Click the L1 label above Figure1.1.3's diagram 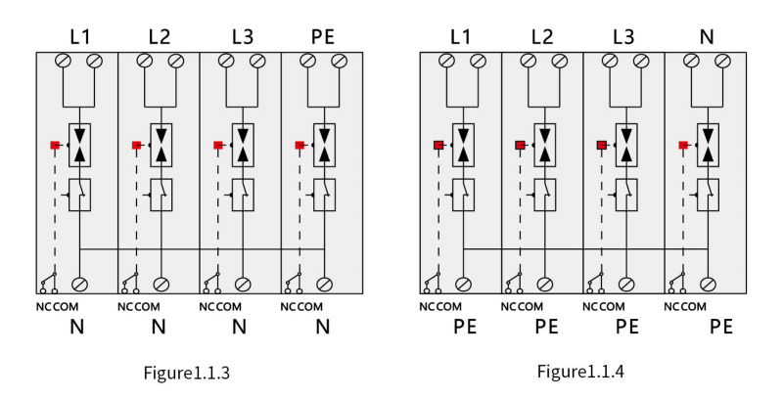tap(80, 37)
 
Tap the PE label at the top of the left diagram tap(323, 37)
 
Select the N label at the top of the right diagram tap(707, 37)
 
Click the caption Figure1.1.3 tap(187, 373)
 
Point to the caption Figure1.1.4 tap(580, 372)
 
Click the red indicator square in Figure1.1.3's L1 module tap(55, 145)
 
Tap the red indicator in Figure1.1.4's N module tap(683, 145)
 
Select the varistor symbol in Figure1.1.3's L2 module tap(161, 145)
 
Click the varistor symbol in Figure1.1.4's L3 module tap(626, 145)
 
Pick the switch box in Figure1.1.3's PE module tap(325, 195)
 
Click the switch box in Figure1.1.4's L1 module tap(463, 195)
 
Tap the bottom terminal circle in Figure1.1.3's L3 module tap(243, 285)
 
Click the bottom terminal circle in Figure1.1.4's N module tap(708, 285)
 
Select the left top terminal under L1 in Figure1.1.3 tap(63, 61)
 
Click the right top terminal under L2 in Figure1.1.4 tap(560, 61)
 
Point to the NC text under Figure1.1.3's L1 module tap(43, 307)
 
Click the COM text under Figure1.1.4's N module tap(694, 307)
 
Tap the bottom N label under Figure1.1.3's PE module tap(323, 327)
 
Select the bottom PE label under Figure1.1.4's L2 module tap(546, 327)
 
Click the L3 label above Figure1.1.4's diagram tap(623, 37)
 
